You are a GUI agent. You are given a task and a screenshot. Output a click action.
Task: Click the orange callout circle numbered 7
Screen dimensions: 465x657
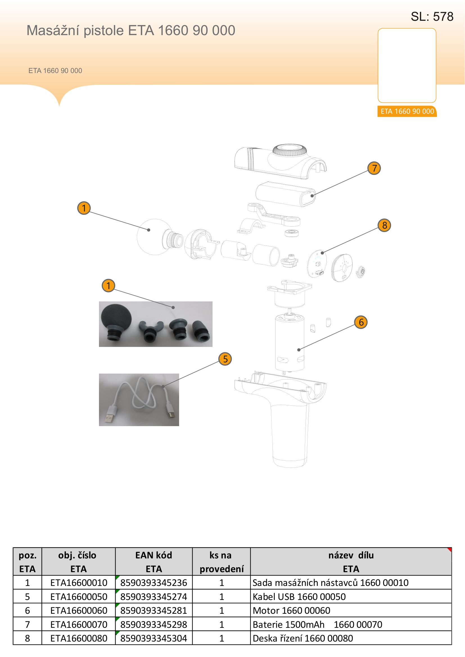pyautogui.click(x=374, y=168)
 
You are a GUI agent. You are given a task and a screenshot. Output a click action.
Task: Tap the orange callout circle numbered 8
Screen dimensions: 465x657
pyautogui.click(x=385, y=226)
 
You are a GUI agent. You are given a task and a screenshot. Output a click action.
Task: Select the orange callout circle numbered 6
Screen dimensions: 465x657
pyautogui.click(x=361, y=322)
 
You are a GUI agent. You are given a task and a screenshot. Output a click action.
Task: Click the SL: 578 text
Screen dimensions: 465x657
pyautogui.click(x=432, y=17)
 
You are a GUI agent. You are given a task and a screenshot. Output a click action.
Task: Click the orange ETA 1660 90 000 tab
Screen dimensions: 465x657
pyautogui.click(x=407, y=111)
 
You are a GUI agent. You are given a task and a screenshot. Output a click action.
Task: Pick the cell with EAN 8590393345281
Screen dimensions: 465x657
pyautogui.click(x=154, y=611)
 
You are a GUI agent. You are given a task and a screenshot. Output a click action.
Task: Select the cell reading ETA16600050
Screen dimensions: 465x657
pyautogui.click(x=79, y=597)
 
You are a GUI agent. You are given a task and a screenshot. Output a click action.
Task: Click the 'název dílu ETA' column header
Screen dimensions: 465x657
pyautogui.click(x=351, y=562)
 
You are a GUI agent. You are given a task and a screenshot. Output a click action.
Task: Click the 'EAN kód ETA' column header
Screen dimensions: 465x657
pyautogui.click(x=154, y=562)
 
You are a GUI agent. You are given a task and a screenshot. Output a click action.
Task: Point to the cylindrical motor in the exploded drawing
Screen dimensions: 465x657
pyautogui.click(x=290, y=342)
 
